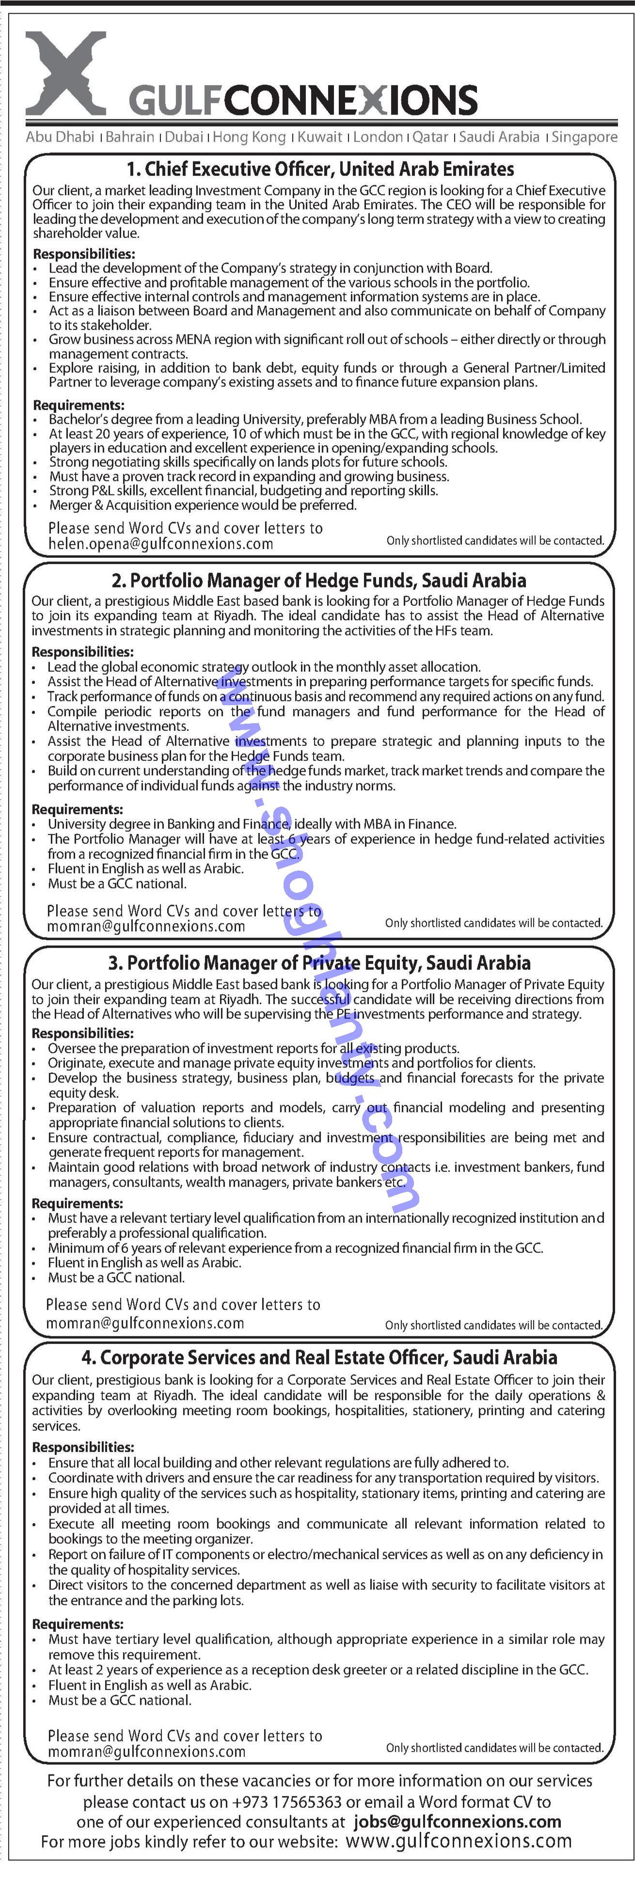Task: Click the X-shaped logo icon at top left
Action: (66, 73)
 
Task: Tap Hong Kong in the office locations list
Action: (249, 137)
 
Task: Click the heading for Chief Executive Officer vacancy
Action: (320, 170)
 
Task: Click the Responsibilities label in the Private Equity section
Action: (82, 1033)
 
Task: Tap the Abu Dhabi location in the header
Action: (60, 137)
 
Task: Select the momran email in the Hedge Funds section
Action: (145, 926)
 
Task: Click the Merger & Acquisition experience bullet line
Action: (203, 505)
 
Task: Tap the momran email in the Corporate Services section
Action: (146, 1752)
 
